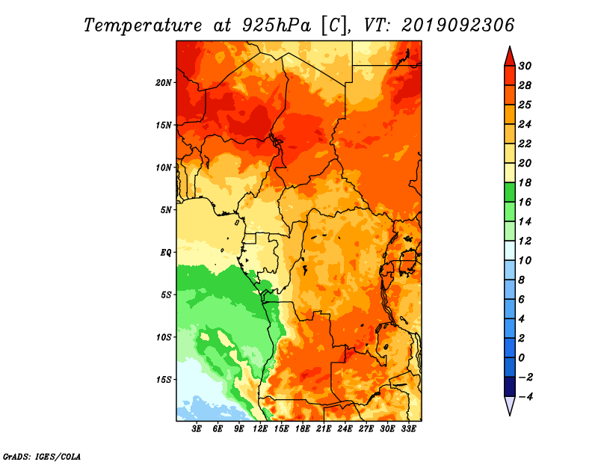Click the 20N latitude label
click(164, 83)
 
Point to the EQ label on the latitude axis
click(165, 253)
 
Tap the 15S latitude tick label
click(164, 380)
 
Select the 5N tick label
click(166, 210)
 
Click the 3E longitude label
click(197, 429)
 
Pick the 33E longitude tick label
click(408, 429)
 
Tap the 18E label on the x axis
click(303, 429)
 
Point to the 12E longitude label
click(260, 429)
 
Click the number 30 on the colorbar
click(525, 66)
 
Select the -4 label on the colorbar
click(525, 397)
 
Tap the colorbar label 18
click(525, 182)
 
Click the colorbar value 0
click(521, 358)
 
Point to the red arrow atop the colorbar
click(510, 57)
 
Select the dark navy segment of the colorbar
click(510, 386)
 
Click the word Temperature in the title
click(143, 25)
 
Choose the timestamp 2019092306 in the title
click(458, 25)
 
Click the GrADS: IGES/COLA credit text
click(42, 457)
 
